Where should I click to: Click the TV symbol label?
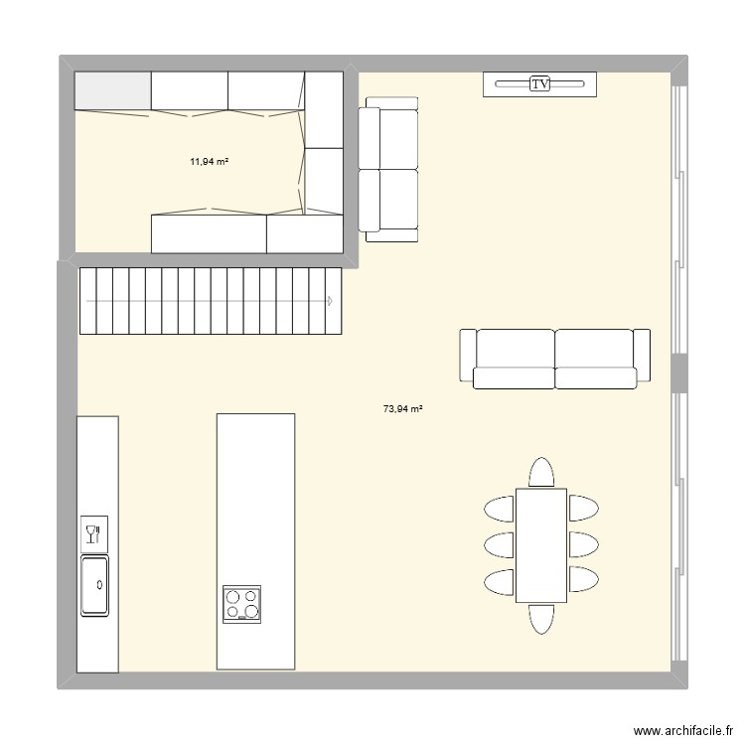(x=540, y=84)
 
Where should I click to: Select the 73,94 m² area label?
(x=402, y=407)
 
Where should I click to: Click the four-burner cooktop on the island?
(x=242, y=604)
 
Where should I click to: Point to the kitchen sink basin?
(x=95, y=585)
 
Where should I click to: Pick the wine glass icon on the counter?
(x=94, y=534)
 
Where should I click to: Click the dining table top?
(x=540, y=544)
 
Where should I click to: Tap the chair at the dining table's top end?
(x=540, y=472)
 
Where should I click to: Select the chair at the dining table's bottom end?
(x=540, y=618)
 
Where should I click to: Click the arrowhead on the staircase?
(x=329, y=300)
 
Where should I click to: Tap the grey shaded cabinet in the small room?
(x=113, y=91)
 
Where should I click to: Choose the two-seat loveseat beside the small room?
(x=388, y=169)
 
